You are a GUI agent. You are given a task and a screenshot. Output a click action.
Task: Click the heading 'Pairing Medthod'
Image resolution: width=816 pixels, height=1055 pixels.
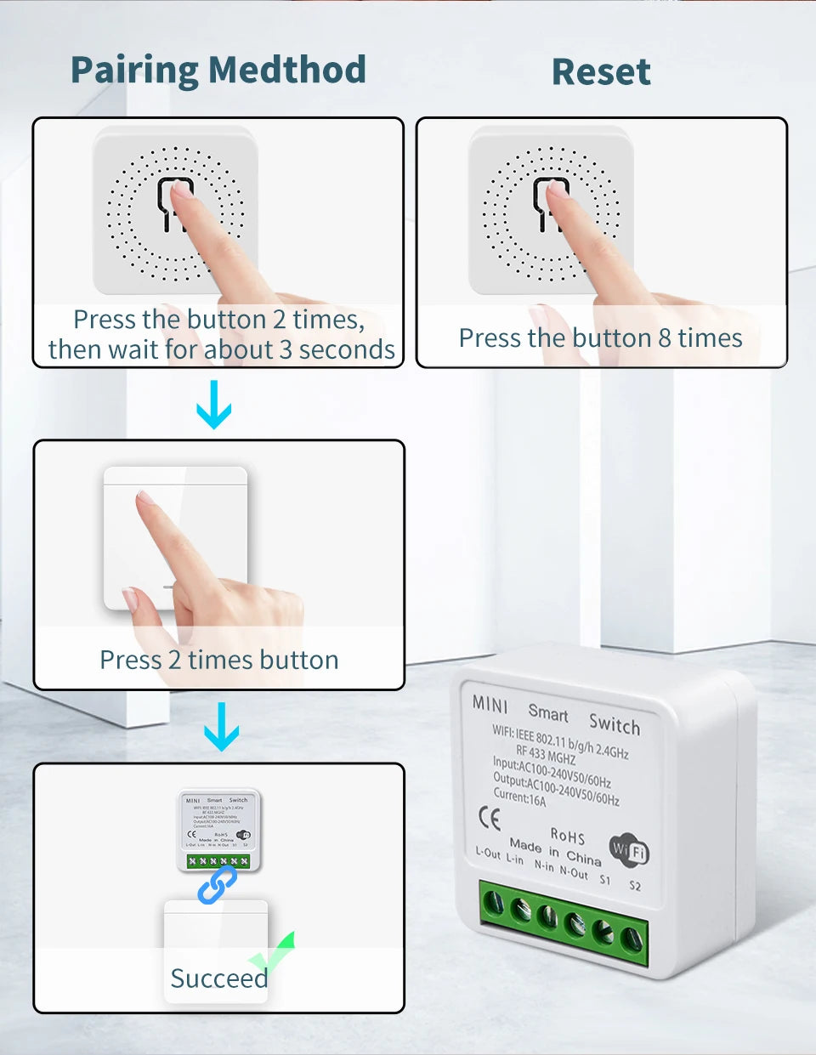(218, 70)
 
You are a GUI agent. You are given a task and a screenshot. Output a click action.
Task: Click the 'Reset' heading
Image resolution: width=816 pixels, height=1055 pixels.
(601, 71)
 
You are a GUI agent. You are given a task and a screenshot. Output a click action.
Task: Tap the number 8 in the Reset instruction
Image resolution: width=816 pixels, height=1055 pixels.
(666, 338)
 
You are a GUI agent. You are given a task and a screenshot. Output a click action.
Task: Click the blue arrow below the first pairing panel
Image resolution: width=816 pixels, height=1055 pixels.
(213, 405)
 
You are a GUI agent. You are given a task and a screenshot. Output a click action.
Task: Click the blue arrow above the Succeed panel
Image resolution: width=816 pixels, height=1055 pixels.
(221, 726)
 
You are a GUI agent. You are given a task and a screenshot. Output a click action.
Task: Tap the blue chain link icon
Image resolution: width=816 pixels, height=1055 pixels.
(218, 884)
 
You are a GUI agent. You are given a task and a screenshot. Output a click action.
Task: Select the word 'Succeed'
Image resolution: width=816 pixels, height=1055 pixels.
(218, 978)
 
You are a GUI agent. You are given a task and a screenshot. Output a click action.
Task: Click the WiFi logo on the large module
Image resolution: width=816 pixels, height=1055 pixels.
(629, 849)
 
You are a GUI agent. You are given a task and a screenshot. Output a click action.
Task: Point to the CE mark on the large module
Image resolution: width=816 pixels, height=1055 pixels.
(490, 818)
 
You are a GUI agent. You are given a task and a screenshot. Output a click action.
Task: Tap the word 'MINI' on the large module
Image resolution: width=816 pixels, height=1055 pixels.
(490, 705)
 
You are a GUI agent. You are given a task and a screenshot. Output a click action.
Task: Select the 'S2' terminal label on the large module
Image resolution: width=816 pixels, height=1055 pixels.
(635, 885)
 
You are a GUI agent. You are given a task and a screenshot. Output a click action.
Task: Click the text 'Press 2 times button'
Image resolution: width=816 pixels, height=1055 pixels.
(218, 660)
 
